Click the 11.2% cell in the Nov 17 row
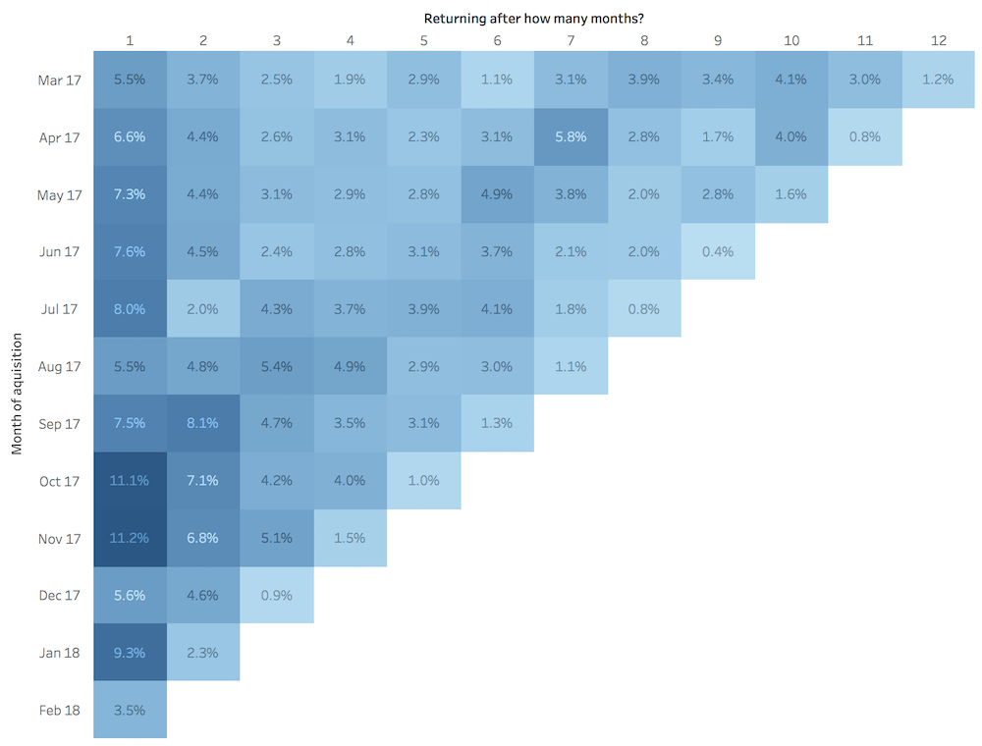click(130, 538)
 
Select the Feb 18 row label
click(59, 710)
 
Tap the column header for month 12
click(938, 40)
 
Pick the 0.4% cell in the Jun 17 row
click(718, 251)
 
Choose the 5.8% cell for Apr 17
click(571, 136)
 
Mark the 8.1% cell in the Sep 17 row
click(203, 423)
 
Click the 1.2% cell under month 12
click(938, 80)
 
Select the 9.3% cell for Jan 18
click(130, 652)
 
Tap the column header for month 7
click(571, 40)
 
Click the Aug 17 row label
click(59, 366)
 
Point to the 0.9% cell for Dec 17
click(277, 595)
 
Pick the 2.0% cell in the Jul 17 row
click(203, 308)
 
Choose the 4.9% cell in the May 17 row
click(497, 194)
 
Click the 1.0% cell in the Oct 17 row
click(423, 480)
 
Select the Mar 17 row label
click(59, 80)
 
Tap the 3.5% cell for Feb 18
click(130, 710)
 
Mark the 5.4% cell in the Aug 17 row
click(277, 366)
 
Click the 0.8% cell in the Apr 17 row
click(864, 136)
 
